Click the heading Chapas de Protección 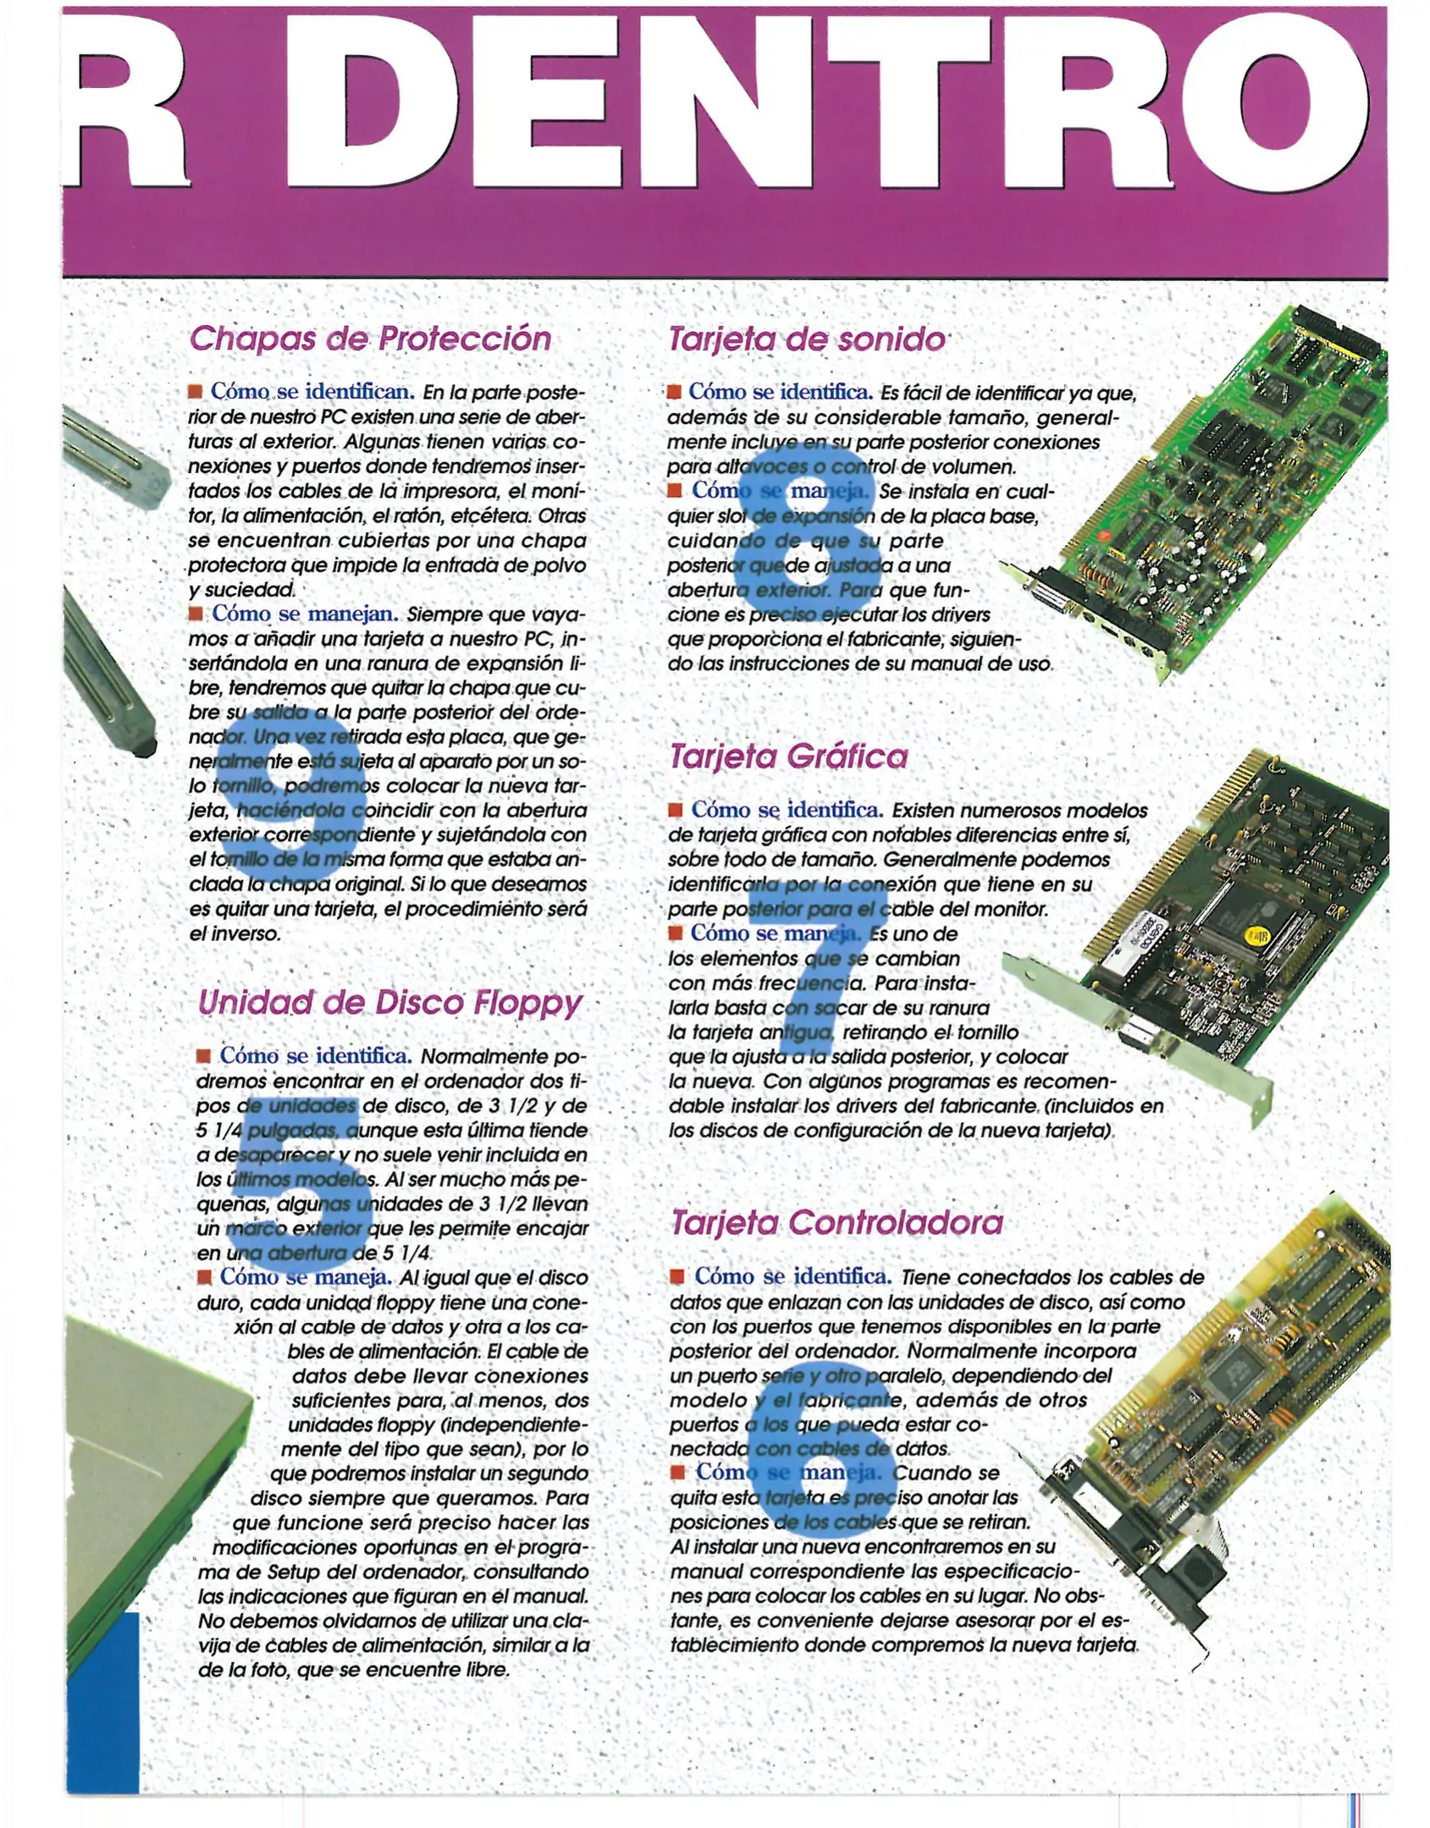[370, 339]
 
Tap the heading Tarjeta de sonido [806, 339]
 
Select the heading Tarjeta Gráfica [788, 756]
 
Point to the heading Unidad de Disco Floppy [389, 1003]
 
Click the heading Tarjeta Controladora [836, 1222]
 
